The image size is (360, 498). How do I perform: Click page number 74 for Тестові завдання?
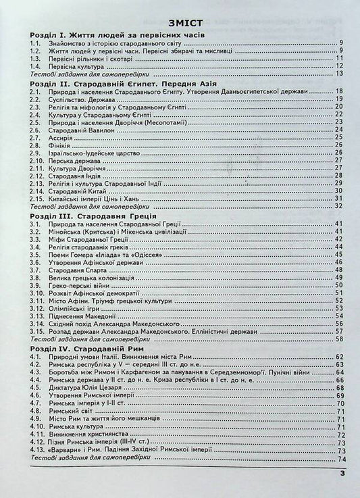[340, 459]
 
